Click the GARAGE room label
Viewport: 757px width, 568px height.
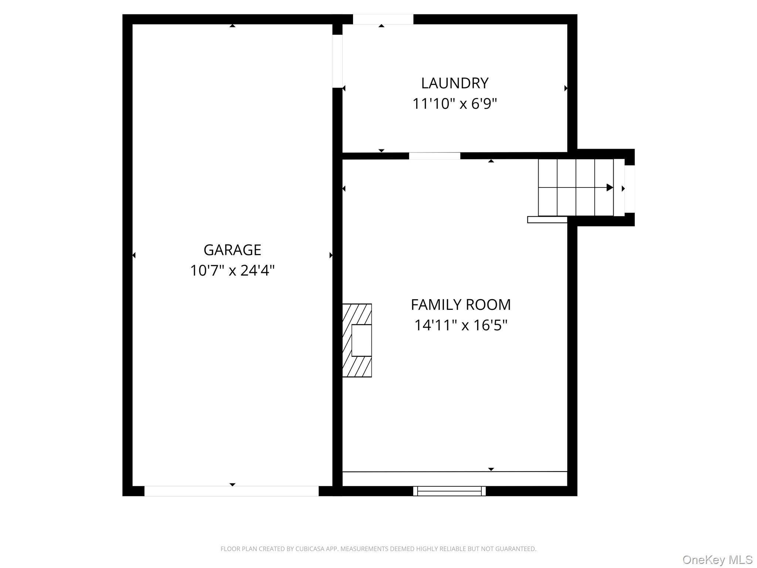232,250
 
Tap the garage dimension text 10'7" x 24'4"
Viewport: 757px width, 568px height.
232,270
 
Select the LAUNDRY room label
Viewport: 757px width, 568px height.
455,83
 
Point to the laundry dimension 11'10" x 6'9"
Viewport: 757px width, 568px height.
455,104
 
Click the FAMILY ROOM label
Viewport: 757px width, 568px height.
461,305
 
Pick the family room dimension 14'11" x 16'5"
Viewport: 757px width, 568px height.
461,325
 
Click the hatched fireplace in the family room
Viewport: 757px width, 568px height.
357,340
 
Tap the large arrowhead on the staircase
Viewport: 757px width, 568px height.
610,188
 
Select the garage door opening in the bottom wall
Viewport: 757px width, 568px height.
231,491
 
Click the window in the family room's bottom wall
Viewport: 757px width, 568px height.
449,491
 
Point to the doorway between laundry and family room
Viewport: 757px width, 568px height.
434,156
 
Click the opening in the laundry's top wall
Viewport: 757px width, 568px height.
383,19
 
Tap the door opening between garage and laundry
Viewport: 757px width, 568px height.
337,61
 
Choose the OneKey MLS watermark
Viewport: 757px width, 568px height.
717,559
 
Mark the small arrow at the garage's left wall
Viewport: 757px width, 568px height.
134,255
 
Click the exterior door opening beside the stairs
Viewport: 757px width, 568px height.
629,189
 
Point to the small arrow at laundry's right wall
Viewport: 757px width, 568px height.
566,88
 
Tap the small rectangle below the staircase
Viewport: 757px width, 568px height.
547,220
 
